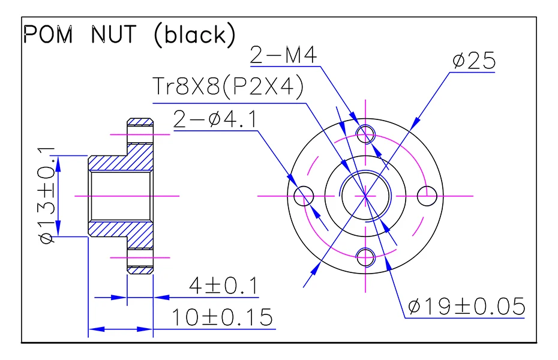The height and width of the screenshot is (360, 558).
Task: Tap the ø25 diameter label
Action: click(473, 61)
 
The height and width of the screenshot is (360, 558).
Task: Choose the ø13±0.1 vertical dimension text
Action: click(47, 196)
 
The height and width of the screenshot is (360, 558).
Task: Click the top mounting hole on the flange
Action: click(365, 133)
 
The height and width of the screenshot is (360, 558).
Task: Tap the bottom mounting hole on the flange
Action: click(365, 257)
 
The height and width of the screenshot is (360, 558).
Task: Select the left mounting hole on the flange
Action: click(304, 195)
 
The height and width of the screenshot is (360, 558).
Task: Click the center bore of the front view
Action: click(365, 195)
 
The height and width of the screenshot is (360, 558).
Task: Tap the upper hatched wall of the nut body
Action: click(120, 163)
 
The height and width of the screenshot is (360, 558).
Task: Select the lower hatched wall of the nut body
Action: click(120, 229)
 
